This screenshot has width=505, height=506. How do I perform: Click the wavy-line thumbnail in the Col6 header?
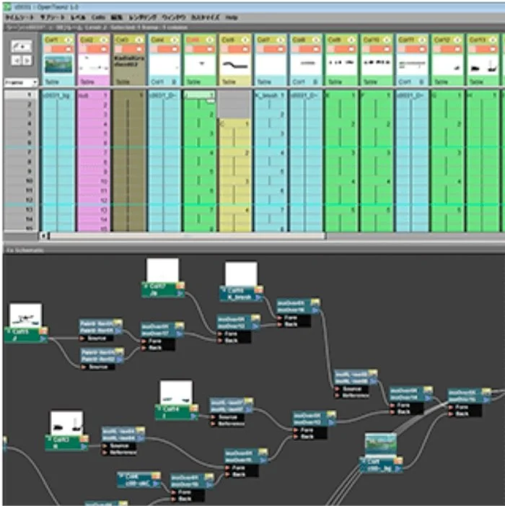tap(236, 64)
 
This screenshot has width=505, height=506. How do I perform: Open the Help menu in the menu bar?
tap(231, 15)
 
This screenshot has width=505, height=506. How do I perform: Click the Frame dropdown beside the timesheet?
tap(21, 83)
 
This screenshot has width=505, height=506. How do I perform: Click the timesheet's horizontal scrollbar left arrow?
tap(44, 235)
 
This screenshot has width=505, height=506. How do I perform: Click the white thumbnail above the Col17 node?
tap(162, 270)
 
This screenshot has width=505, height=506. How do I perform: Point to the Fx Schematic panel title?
tap(25, 250)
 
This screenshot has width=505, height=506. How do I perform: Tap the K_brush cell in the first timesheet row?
tap(270, 95)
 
